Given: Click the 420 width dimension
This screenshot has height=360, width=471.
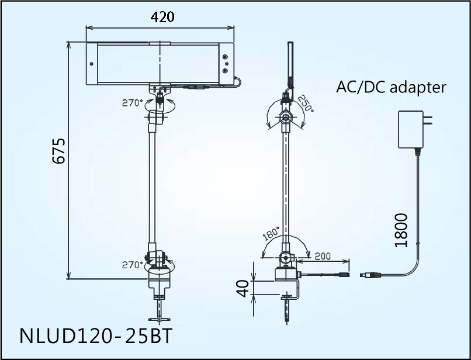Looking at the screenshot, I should [162, 17].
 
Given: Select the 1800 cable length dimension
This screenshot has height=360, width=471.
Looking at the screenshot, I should [401, 230].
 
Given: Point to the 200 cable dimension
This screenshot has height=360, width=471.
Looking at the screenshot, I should [323, 257].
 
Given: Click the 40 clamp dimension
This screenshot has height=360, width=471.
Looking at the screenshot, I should [243, 287].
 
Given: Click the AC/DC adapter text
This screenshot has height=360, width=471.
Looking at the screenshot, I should [391, 88].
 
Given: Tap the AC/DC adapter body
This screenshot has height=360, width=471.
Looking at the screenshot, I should [411, 130].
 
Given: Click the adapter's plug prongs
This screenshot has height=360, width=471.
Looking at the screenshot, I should [430, 122].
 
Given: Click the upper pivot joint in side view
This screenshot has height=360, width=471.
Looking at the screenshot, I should [286, 117].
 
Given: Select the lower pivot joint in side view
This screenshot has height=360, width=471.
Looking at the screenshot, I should [285, 257].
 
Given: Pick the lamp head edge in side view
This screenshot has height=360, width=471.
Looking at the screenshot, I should [289, 64].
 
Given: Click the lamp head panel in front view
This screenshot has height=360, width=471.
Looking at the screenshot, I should [159, 64].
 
